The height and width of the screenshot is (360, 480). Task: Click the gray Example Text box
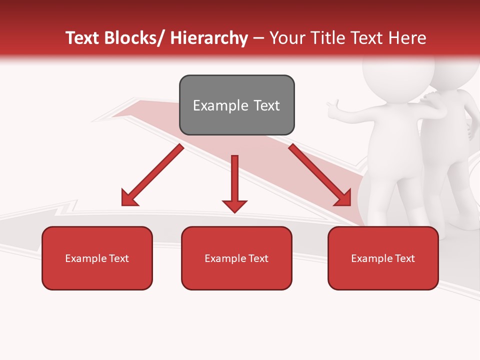[x=236, y=105]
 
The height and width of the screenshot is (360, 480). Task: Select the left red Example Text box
[x=97, y=258]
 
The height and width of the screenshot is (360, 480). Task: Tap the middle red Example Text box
[x=236, y=258]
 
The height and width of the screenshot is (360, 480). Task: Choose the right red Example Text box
[x=383, y=258]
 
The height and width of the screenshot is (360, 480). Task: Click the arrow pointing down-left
[x=152, y=175]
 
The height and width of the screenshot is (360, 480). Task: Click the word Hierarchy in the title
[x=209, y=38]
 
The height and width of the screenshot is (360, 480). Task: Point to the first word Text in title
[x=83, y=38]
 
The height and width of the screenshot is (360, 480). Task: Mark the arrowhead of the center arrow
[x=234, y=205]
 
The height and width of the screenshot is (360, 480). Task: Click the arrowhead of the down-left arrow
[x=129, y=198]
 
